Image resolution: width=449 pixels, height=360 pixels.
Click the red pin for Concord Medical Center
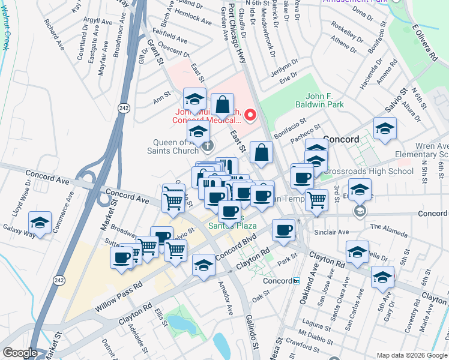click(251, 114)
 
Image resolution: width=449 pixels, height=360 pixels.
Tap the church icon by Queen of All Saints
click(208, 145)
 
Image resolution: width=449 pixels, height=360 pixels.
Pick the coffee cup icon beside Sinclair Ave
click(283, 230)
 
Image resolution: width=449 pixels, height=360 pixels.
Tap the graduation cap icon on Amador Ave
click(204, 265)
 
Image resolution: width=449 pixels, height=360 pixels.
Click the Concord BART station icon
click(296, 281)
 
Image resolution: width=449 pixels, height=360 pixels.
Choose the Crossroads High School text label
click(370, 171)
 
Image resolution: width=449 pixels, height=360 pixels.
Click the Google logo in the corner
click(20, 353)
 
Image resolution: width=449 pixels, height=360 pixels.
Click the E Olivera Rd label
click(424, 42)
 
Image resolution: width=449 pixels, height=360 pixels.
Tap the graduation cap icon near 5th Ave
click(382, 278)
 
